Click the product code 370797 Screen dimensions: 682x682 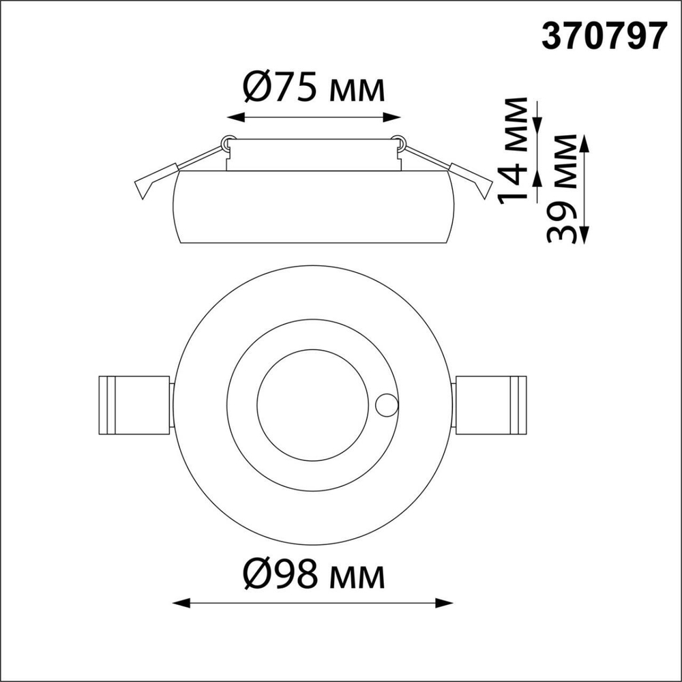point(603,37)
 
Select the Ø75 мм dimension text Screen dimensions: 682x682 point(313,88)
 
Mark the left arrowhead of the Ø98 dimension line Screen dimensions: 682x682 point(179,603)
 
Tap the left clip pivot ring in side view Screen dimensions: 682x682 point(226,143)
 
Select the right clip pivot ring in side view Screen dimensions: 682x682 point(399,143)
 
